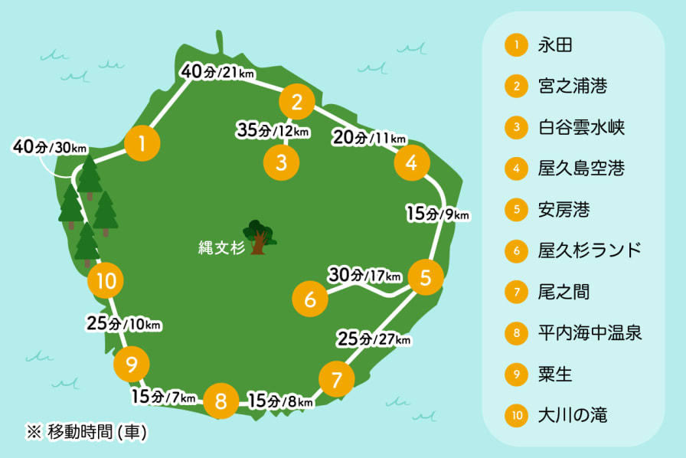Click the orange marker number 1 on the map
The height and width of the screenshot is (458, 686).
click(x=142, y=142)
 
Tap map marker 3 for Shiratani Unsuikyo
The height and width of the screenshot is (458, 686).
click(x=282, y=162)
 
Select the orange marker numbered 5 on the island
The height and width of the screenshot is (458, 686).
click(x=426, y=278)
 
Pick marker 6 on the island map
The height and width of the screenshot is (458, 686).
click(x=310, y=299)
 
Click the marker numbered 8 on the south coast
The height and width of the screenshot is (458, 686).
click(x=221, y=401)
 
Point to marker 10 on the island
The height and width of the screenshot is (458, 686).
click(x=106, y=282)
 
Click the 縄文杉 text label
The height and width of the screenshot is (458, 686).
click(x=219, y=247)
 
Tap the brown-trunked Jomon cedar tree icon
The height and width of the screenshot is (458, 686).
click(x=258, y=237)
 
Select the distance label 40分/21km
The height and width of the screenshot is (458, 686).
click(x=217, y=73)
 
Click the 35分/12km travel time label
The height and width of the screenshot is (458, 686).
click(x=273, y=131)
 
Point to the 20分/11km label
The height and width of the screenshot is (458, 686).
click(x=369, y=138)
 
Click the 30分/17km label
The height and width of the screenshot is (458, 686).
click(x=364, y=274)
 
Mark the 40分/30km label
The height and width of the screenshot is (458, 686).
click(x=50, y=146)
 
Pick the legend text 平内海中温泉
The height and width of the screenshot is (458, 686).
click(x=590, y=333)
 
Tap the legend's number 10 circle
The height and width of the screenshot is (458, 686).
click(x=518, y=417)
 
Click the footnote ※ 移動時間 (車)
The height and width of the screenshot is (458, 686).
click(x=87, y=432)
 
